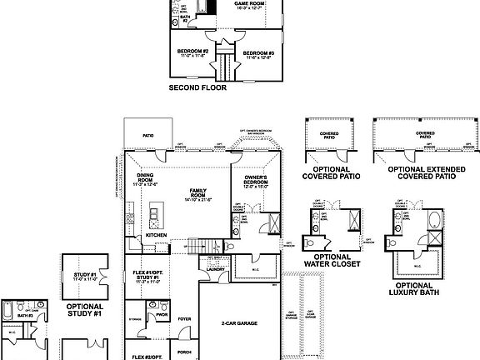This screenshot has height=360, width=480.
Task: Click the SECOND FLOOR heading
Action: (197, 87)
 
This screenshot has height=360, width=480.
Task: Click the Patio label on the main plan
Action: (148, 133)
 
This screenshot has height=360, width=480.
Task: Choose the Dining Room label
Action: (145, 179)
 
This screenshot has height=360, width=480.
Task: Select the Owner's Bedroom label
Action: (255, 182)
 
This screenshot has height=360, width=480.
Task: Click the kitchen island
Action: (154, 217)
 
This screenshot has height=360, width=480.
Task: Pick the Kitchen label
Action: (157, 236)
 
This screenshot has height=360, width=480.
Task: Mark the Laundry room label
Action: (212, 269)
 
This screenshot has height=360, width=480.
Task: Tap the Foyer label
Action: (184, 317)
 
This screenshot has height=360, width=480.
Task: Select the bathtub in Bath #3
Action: (7, 312)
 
